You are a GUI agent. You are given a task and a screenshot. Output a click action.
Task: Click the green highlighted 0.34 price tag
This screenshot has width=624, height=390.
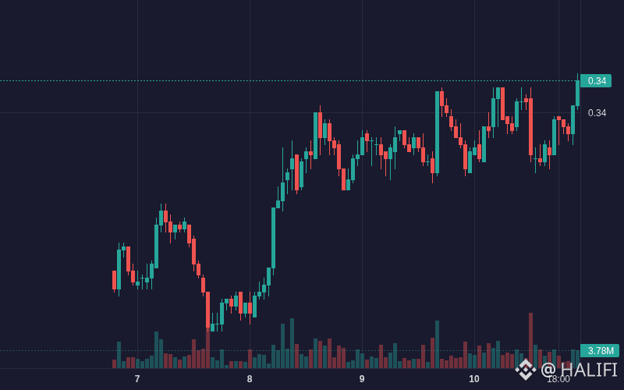pyautogui.click(x=596, y=81)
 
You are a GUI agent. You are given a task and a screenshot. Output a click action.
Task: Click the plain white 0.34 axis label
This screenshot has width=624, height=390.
pyautogui.click(x=597, y=113)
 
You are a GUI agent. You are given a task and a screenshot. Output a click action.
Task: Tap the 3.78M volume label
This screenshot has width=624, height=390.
pyautogui.click(x=600, y=350)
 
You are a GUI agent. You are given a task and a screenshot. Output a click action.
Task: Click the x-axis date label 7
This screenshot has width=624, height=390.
pyautogui.click(x=137, y=379)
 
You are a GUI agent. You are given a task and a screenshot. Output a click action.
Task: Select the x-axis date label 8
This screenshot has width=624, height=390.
pyautogui.click(x=250, y=379)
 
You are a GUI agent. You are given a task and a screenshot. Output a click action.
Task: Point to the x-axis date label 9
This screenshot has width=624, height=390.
pyautogui.click(x=362, y=379)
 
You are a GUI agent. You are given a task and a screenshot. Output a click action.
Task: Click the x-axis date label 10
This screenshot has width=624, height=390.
pyautogui.click(x=474, y=379)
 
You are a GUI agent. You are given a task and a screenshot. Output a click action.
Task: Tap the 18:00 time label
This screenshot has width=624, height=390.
pyautogui.click(x=558, y=379)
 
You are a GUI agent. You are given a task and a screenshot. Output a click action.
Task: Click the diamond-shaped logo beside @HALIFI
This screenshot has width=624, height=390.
pyautogui.click(x=526, y=370)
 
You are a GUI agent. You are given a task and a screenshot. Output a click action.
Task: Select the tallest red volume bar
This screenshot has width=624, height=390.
pyautogui.click(x=530, y=340)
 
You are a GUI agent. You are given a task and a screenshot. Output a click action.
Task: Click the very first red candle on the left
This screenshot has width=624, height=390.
pyautogui.click(x=114, y=281)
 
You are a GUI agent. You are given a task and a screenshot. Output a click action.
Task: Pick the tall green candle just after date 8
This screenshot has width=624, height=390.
pyautogui.click(x=274, y=238)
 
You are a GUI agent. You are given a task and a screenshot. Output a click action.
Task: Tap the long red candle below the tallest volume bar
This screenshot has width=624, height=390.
pyautogui.click(x=530, y=126)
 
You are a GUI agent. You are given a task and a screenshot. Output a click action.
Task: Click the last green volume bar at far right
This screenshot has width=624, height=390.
pyautogui.click(x=577, y=359)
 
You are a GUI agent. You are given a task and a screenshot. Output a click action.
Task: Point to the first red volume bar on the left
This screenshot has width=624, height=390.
pyautogui.click(x=114, y=363)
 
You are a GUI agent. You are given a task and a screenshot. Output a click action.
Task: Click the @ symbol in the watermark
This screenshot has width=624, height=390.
pyautogui.click(x=548, y=370)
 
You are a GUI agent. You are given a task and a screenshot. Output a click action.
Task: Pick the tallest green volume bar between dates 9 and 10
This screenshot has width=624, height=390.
pyautogui.click(x=437, y=344)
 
